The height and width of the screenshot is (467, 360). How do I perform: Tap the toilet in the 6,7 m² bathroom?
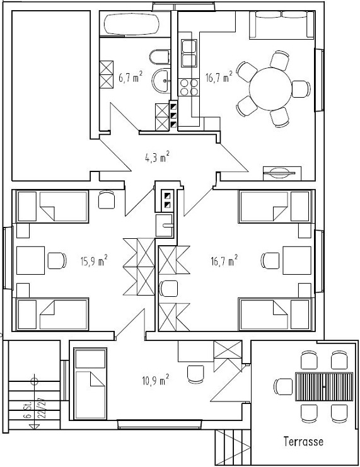pyautogui.click(x=160, y=57)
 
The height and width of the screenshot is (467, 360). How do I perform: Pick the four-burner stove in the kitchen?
pyautogui.click(x=188, y=87)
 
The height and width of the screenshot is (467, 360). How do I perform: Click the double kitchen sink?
pyautogui.click(x=188, y=53)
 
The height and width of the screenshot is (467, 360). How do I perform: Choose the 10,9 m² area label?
pyautogui.click(x=155, y=379)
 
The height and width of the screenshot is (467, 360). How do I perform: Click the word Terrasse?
pyautogui.click(x=303, y=442)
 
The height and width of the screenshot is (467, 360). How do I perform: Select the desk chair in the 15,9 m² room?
pyautogui.click(x=57, y=259)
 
